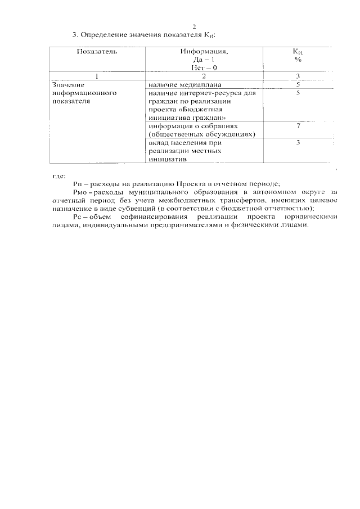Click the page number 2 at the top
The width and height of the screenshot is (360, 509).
(193, 26)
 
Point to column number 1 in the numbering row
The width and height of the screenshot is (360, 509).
(97, 76)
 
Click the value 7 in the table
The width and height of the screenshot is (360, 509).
(298, 126)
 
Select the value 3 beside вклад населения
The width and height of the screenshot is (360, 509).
(298, 143)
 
